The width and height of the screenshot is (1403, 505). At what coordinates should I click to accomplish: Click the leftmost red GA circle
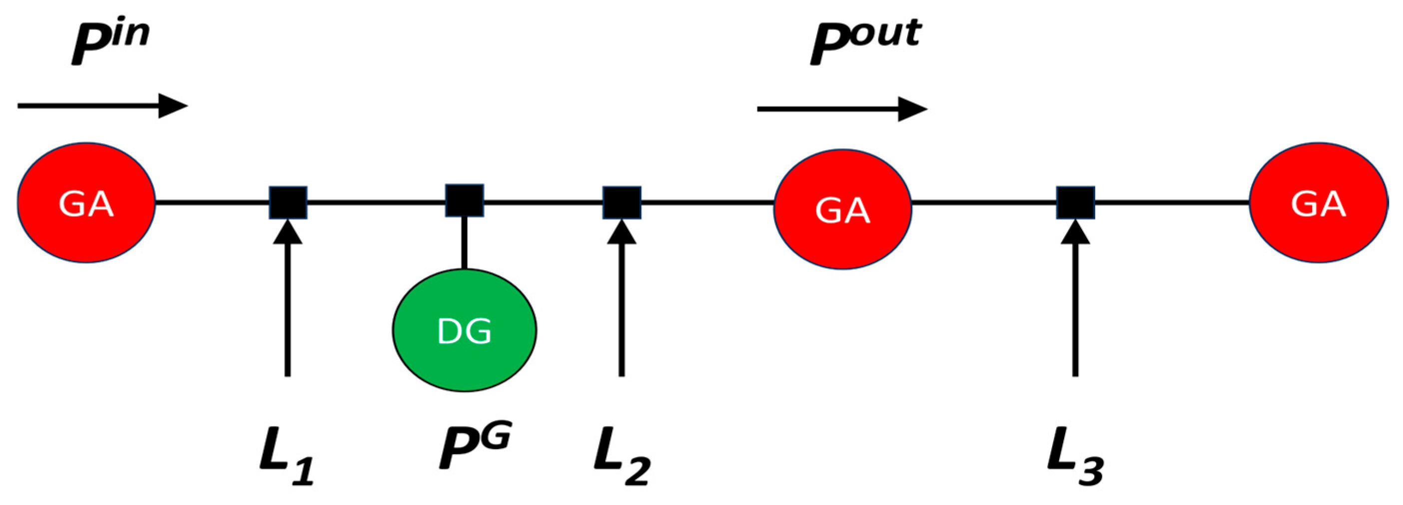[86, 203]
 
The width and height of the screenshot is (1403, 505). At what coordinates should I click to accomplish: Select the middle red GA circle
[842, 209]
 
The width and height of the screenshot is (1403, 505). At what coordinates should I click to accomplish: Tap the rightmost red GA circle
[1318, 203]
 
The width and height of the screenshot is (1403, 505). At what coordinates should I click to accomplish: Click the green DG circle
[465, 330]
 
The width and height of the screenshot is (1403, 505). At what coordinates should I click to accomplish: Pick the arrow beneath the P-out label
[842, 109]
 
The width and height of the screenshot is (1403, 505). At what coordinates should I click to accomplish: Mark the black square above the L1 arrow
[288, 203]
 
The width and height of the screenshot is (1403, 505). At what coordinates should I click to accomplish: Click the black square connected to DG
[465, 200]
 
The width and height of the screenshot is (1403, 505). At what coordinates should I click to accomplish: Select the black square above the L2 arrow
[622, 203]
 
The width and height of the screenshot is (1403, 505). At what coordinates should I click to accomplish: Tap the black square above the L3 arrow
[1076, 203]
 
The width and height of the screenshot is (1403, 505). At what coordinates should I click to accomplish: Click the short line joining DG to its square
[464, 242]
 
